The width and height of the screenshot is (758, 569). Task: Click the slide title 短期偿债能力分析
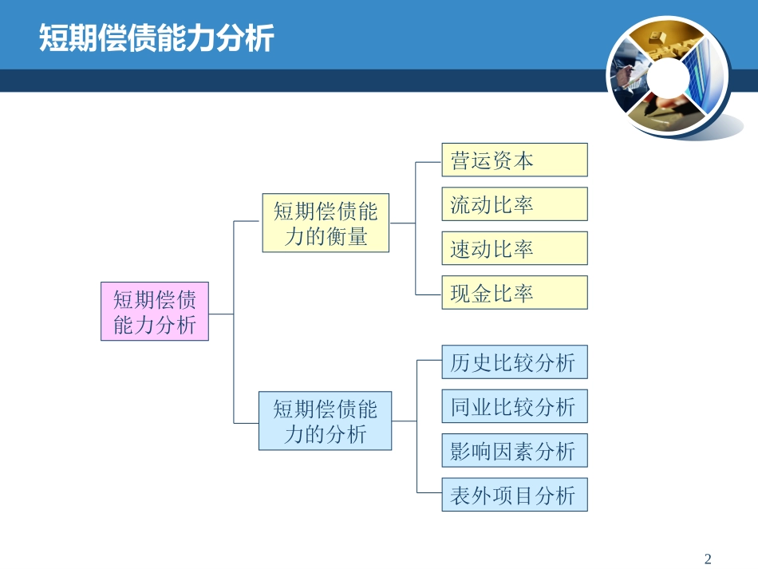[156, 38]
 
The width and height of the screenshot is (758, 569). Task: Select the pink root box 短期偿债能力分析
[155, 311]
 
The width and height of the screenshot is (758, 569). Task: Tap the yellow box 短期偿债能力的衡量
[326, 223]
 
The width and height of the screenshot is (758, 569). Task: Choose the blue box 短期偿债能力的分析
[325, 421]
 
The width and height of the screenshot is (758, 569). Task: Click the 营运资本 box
[514, 160]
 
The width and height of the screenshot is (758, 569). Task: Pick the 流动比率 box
[514, 204]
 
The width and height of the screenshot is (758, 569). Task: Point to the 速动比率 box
[514, 249]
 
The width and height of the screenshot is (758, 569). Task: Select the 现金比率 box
[514, 293]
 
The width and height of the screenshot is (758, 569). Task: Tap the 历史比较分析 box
[514, 362]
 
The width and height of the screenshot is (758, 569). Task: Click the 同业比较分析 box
[514, 407]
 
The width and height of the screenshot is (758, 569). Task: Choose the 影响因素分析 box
[514, 451]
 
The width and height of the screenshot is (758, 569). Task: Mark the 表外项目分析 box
[514, 496]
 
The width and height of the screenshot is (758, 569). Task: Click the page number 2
[708, 559]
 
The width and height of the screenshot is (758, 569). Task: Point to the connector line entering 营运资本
[428, 161]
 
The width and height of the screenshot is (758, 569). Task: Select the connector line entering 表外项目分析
[429, 496]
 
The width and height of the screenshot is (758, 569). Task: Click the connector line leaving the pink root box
[221, 314]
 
